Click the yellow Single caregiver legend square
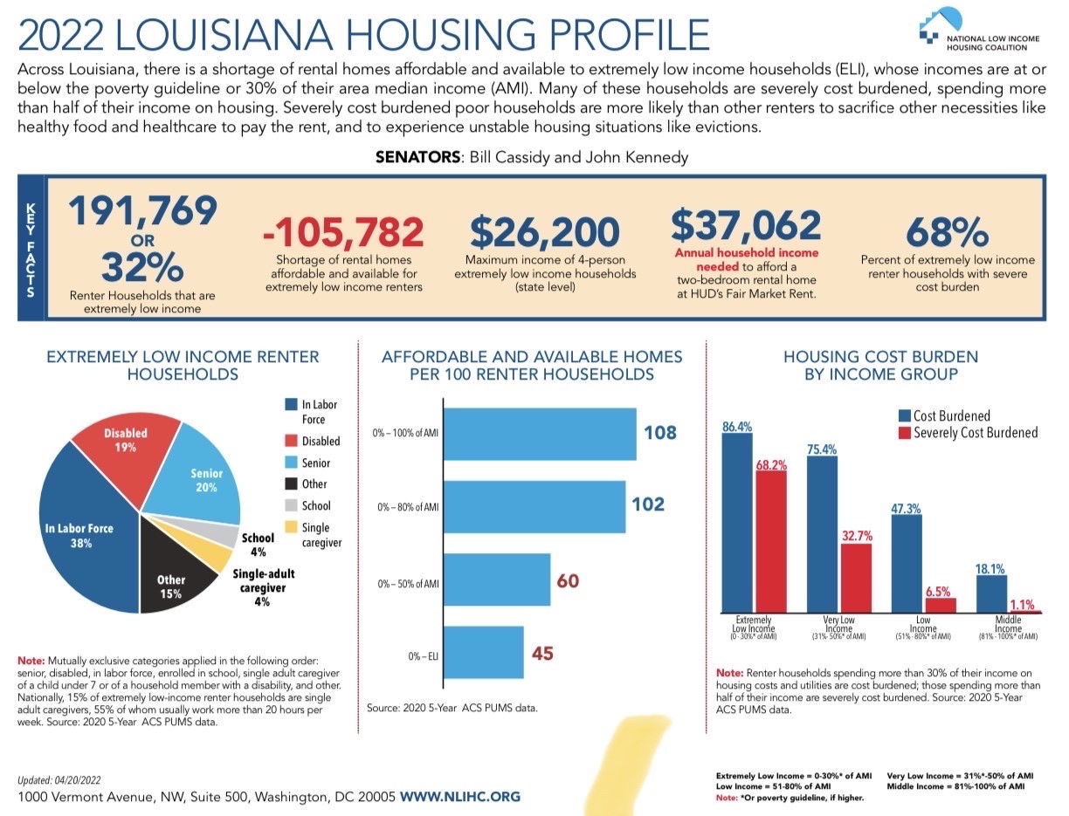[x=291, y=527]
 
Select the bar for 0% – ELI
[x=484, y=652]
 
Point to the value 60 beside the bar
[x=568, y=580]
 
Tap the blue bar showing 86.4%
[x=736, y=524]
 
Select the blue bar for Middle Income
[x=991, y=593]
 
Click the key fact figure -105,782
[x=342, y=232]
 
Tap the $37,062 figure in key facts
[x=746, y=225]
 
